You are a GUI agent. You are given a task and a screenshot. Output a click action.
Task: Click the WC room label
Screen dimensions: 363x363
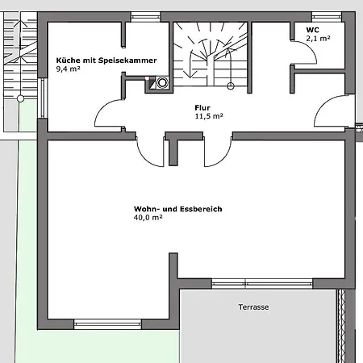click(x=312, y=30)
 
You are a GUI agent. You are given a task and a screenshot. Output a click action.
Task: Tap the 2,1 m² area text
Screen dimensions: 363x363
click(x=318, y=39)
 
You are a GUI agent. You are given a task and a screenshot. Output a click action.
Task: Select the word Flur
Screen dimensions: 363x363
click(x=202, y=108)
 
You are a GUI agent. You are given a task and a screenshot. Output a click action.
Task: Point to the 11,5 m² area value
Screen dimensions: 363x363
click(x=209, y=116)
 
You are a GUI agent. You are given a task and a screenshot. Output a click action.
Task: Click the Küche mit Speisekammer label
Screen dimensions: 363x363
click(x=106, y=60)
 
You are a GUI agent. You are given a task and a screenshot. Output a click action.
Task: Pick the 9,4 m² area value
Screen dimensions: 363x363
click(x=68, y=69)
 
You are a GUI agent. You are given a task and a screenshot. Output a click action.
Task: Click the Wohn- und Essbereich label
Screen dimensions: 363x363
click(x=178, y=209)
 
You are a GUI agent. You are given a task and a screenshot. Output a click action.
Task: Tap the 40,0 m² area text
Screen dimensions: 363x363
click(x=148, y=218)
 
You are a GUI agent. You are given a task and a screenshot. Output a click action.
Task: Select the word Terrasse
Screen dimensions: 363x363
click(x=253, y=307)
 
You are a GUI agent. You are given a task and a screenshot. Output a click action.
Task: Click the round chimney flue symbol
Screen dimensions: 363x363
click(x=162, y=82)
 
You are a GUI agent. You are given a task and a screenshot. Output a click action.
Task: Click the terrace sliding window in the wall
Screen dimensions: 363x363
click(x=262, y=284)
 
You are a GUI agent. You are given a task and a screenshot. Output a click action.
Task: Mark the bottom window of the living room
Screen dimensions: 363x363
click(x=107, y=324)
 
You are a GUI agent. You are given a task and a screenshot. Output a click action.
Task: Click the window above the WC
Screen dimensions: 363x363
click(x=327, y=17)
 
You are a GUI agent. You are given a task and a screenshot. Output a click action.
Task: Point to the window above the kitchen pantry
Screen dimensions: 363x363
click(x=145, y=17)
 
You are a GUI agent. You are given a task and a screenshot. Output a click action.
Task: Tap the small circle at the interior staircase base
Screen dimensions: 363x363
click(x=231, y=86)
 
